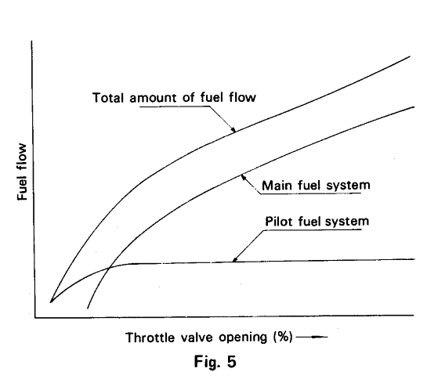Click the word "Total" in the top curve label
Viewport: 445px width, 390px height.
108,98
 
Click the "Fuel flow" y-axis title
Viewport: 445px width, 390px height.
22,172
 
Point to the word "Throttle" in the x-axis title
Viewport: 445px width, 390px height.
150,338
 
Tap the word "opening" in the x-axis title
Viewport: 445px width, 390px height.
243,338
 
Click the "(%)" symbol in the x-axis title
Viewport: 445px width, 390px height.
283,338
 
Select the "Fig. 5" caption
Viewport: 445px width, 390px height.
215,362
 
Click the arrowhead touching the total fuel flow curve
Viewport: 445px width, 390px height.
233,129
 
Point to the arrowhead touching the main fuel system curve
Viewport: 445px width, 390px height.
244,178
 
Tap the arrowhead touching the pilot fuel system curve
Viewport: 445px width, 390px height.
235,258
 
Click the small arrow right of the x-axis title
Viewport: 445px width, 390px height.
312,337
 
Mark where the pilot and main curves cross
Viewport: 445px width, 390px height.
110,268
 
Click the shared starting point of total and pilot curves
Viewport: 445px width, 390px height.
50,302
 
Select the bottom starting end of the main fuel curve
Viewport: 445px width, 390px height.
88,309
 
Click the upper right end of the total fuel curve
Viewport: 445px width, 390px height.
410,56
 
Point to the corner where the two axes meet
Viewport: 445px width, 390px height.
35,317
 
